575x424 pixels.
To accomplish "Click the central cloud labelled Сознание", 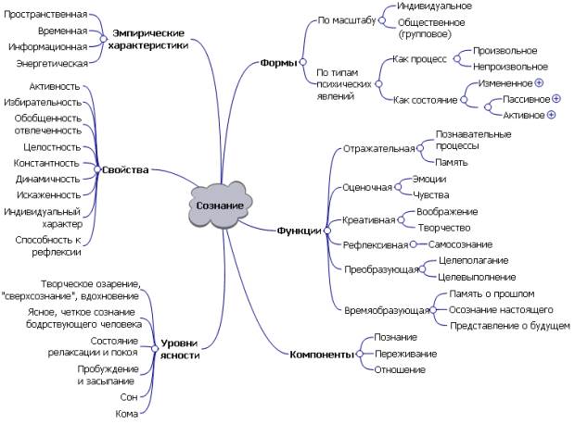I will click(221, 205).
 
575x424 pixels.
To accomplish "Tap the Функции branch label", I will click(299, 231).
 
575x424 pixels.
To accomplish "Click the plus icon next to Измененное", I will click(538, 83).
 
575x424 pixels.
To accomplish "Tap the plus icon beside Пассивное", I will click(556, 99).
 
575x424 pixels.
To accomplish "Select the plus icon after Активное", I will click(551, 115).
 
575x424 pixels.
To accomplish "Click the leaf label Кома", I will click(126, 414).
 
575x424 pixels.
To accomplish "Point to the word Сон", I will click(129, 397).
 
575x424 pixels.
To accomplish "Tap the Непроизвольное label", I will click(509, 67).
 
